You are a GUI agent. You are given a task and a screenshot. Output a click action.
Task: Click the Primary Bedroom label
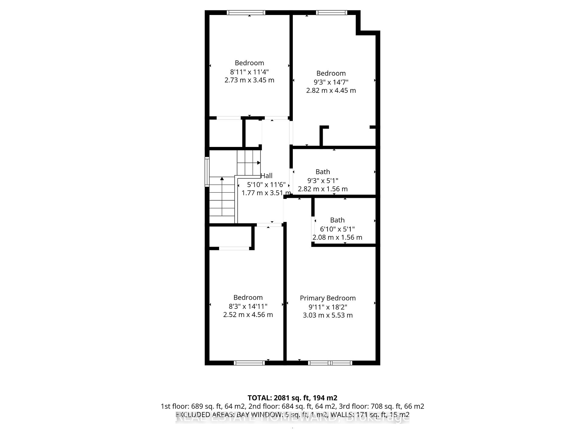pos(328,298)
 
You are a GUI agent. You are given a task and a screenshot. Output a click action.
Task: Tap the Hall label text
pos(267,176)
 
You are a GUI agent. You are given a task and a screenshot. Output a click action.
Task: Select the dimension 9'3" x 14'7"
pos(331,82)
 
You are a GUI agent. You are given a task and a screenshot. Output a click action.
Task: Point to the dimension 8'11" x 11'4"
pos(249,72)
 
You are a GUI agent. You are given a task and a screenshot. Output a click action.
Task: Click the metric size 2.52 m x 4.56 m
pos(248,315)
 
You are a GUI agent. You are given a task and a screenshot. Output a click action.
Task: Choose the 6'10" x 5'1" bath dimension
pos(337,229)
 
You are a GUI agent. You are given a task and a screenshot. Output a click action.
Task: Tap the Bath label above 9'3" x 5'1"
pos(323,172)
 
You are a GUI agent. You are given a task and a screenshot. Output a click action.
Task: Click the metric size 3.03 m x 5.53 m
pos(328,315)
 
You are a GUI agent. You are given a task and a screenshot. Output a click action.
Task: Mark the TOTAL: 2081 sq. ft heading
pos(292,398)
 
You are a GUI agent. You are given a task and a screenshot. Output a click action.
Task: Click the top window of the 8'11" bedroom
pos(246,12)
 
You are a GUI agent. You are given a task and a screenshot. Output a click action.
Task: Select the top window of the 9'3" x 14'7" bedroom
pos(331,12)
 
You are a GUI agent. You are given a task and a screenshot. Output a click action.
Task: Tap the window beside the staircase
pos(207,171)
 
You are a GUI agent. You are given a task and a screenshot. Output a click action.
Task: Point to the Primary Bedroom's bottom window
pos(330,363)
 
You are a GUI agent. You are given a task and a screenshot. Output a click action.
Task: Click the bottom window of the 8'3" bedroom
pos(249,363)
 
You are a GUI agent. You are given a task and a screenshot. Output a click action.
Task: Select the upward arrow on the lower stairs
pos(222,179)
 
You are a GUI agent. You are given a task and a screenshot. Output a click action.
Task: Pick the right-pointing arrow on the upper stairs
pos(258,163)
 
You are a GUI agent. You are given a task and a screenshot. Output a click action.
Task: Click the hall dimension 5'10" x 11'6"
pos(266,184)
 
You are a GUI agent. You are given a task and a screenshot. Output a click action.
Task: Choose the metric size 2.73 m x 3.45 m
pos(249,80)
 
